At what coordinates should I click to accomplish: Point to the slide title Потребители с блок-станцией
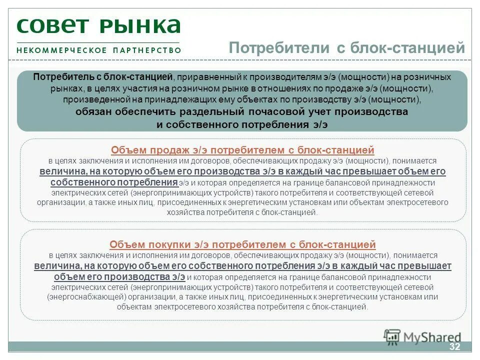point(347,48)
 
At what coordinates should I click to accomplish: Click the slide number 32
point(454,347)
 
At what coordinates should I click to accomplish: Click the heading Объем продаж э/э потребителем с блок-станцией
point(242,150)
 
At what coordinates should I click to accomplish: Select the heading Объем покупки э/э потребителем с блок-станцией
point(242,244)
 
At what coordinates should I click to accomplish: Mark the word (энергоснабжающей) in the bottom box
point(89,297)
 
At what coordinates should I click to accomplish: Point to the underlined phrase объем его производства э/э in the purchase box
point(119,276)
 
